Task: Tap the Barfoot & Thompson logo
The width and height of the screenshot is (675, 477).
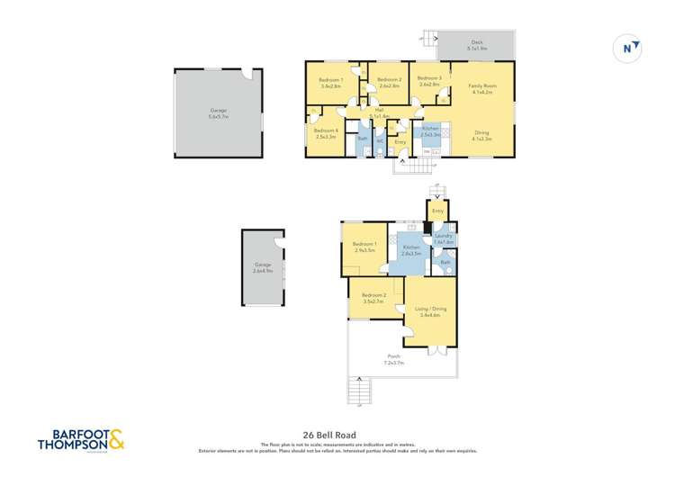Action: pyautogui.click(x=81, y=441)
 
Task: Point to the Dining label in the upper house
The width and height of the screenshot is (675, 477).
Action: pyautogui.click(x=482, y=135)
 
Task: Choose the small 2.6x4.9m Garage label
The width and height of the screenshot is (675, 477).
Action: pyautogui.click(x=263, y=267)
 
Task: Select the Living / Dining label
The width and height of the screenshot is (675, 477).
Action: pyautogui.click(x=431, y=311)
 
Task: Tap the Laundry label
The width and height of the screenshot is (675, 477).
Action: pyautogui.click(x=443, y=238)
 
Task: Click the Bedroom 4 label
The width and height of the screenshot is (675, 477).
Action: pyautogui.click(x=325, y=133)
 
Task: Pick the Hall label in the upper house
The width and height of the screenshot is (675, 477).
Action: pyautogui.click(x=380, y=112)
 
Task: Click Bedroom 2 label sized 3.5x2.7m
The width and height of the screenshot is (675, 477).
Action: pyautogui.click(x=373, y=298)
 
